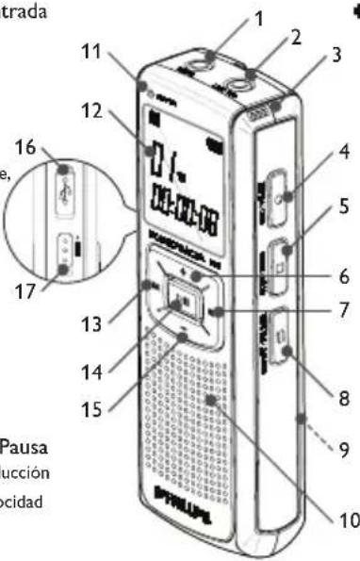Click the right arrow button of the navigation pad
tap(217, 312)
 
